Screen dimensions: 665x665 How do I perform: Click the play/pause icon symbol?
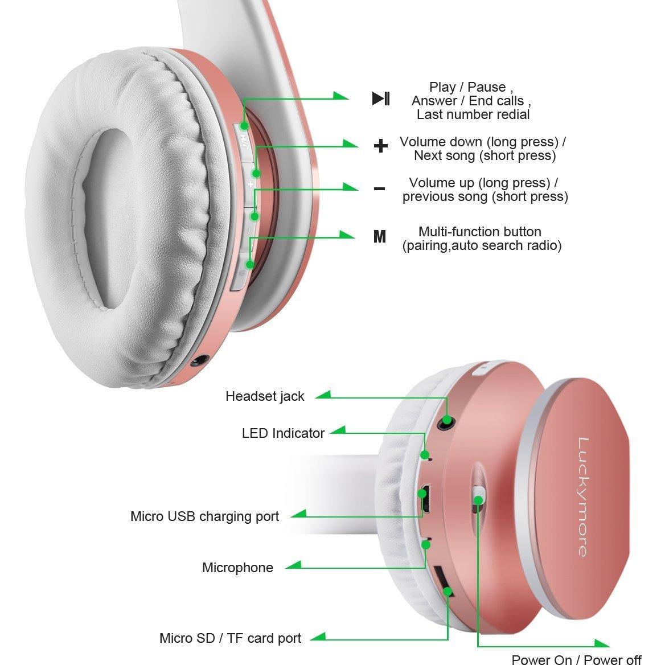click(x=381, y=98)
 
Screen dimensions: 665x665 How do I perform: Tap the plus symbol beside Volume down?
click(x=380, y=146)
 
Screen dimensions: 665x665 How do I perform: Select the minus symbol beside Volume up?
click(x=380, y=188)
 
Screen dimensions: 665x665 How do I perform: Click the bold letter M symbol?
click(x=380, y=236)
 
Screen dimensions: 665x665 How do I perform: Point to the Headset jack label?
click(x=265, y=396)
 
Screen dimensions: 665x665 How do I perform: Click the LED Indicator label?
click(x=283, y=433)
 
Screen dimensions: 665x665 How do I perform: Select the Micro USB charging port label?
click(x=204, y=516)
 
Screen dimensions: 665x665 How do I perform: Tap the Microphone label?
click(x=237, y=568)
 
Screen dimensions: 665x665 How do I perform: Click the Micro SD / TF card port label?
click(x=230, y=638)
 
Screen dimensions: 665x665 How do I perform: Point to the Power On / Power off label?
click(x=576, y=659)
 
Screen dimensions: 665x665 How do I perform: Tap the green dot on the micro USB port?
click(x=421, y=494)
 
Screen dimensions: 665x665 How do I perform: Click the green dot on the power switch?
click(x=478, y=500)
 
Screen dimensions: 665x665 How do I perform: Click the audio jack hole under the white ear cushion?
click(x=199, y=362)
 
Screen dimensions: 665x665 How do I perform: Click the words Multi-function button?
click(x=479, y=232)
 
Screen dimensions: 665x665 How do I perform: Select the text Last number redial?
click(x=473, y=114)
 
